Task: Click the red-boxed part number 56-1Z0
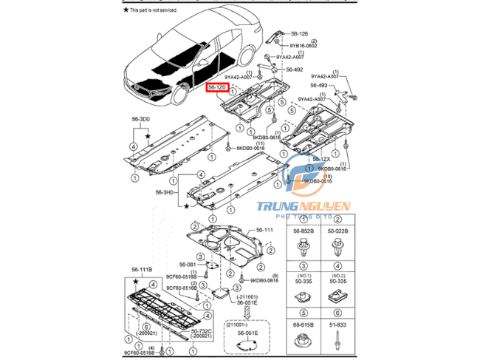pos(217,88)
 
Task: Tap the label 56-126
pos(299,33)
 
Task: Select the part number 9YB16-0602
pos(303,46)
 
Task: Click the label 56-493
pos(319,86)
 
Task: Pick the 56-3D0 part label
pos(141,119)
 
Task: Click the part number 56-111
pos(264,231)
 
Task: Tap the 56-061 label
pos(187,264)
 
